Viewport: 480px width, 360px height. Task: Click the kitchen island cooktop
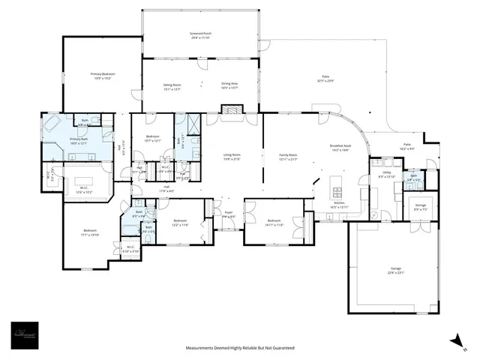click(335, 183)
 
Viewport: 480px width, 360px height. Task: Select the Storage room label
click(420, 208)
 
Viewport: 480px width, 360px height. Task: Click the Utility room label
click(387, 173)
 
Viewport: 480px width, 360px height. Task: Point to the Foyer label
click(229, 214)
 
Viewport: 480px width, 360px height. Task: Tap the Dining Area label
click(229, 85)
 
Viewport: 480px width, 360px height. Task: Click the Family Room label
click(288, 157)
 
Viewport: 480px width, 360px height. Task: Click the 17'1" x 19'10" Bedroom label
click(90, 232)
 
